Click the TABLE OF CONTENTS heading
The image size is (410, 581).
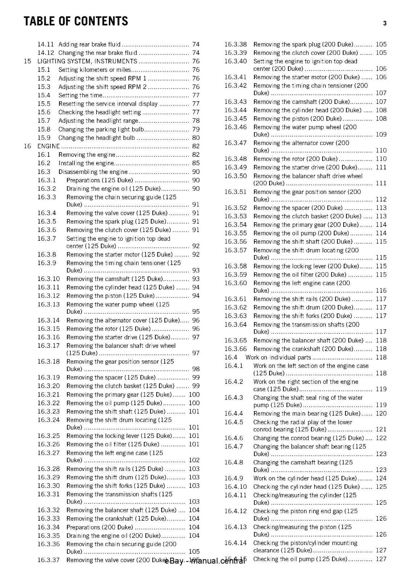click(x=76, y=21)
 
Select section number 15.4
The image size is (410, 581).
click(x=44, y=95)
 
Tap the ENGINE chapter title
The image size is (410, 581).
click(x=49, y=146)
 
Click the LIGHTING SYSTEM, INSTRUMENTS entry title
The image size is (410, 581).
click(x=87, y=61)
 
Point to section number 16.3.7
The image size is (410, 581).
click(x=47, y=239)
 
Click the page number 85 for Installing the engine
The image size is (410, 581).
click(x=196, y=163)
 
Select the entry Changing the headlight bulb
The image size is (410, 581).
click(x=97, y=138)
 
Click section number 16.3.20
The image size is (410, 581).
click(x=49, y=386)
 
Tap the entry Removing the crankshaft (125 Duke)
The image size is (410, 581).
click(x=116, y=519)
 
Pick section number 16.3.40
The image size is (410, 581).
click(x=235, y=61)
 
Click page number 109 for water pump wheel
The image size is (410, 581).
click(x=381, y=134)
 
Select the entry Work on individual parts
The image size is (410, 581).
click(x=278, y=357)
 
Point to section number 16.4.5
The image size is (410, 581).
click(x=234, y=422)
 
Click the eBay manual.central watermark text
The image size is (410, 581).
click(x=205, y=561)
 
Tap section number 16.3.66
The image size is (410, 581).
click(x=235, y=349)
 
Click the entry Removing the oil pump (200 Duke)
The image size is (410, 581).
click(x=301, y=233)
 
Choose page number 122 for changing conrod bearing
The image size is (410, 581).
click(x=381, y=438)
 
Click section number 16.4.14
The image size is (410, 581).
click(x=235, y=543)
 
